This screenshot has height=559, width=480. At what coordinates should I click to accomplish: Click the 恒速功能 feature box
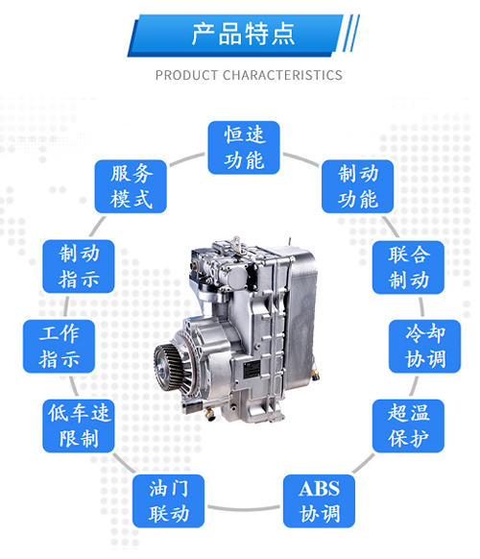tap(244, 148)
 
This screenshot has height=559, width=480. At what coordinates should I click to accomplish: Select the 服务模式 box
tap(131, 186)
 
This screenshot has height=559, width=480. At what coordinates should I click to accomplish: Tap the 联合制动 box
tap(408, 267)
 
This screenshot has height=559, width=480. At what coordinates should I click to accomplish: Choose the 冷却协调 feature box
tap(424, 346)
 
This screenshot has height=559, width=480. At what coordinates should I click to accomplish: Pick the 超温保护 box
tap(408, 426)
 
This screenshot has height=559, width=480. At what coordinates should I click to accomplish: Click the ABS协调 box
tap(320, 500)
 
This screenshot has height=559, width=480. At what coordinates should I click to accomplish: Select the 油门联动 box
tap(169, 500)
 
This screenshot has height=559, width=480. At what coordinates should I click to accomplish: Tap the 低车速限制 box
tap(79, 426)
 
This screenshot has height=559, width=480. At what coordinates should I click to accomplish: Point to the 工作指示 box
tap(59, 346)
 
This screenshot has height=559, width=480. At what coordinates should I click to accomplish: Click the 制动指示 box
tap(79, 266)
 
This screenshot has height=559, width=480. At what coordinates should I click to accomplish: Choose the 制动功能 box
tap(358, 186)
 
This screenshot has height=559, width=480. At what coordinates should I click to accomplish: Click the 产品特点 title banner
tap(235, 36)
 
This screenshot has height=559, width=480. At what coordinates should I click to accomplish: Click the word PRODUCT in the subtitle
tap(186, 75)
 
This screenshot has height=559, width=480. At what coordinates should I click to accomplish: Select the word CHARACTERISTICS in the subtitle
tap(282, 75)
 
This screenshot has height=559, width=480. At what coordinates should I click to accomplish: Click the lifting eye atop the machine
tap(236, 243)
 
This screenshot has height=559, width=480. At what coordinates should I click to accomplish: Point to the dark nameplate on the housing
tap(252, 369)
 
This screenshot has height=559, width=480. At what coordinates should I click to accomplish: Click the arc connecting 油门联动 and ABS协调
tap(244, 508)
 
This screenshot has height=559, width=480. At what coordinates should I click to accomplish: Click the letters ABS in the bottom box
tap(320, 489)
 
